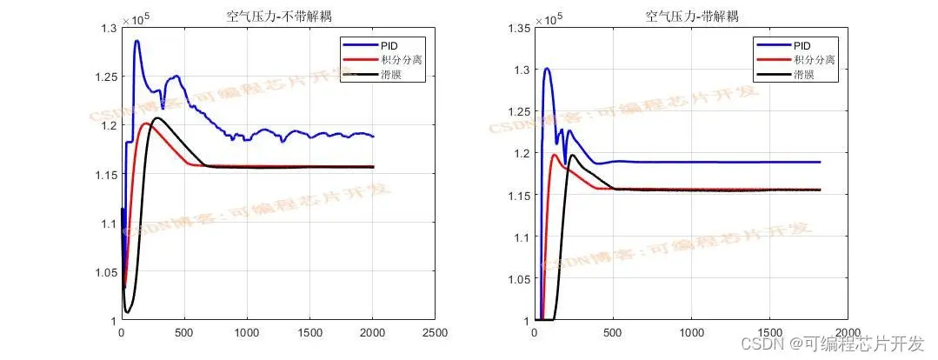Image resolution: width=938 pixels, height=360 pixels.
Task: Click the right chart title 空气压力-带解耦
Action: coord(690,16)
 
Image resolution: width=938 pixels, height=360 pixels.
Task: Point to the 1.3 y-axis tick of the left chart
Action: coord(107,29)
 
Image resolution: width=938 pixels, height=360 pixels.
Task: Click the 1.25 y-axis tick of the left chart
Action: coord(104,77)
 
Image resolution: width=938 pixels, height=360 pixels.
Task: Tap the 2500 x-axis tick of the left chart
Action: coord(435,333)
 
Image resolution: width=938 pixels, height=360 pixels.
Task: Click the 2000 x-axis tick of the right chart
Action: coord(848,333)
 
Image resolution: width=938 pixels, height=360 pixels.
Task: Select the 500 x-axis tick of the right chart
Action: coord(613,333)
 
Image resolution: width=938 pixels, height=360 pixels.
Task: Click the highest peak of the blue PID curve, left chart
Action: coord(136,41)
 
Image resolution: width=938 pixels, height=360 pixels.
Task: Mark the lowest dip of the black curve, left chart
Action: coord(128,311)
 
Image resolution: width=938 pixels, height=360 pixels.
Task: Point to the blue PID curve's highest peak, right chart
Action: coord(547,69)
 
